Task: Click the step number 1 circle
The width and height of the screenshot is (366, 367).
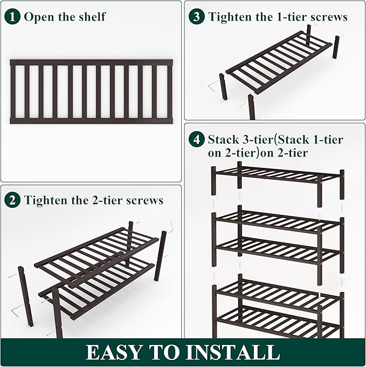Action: (x=13, y=17)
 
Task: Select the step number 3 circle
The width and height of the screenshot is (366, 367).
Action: (x=197, y=17)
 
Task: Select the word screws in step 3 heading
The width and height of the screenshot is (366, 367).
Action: (x=327, y=17)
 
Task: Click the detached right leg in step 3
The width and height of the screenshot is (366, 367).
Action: (x=336, y=47)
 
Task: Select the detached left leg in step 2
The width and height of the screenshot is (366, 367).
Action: (x=26, y=296)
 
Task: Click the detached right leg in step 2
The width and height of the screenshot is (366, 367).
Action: (x=160, y=256)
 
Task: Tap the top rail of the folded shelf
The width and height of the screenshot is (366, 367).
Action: (x=91, y=63)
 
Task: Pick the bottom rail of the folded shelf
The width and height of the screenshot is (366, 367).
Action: (x=91, y=121)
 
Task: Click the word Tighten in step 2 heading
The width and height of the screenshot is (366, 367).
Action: (x=46, y=201)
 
